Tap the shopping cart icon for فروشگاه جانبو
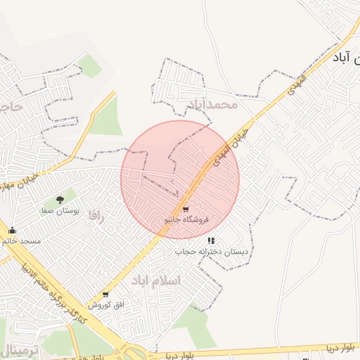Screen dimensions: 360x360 tap(185, 210)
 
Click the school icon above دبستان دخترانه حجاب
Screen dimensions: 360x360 tap(211, 241)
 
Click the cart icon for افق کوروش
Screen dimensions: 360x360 tap(105, 295)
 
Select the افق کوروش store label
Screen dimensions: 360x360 tap(108, 305)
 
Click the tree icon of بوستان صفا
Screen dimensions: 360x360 tap(60, 200)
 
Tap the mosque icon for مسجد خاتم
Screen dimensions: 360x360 tap(12, 230)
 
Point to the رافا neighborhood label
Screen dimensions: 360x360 tap(96, 217)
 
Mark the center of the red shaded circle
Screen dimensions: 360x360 tap(180, 180)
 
